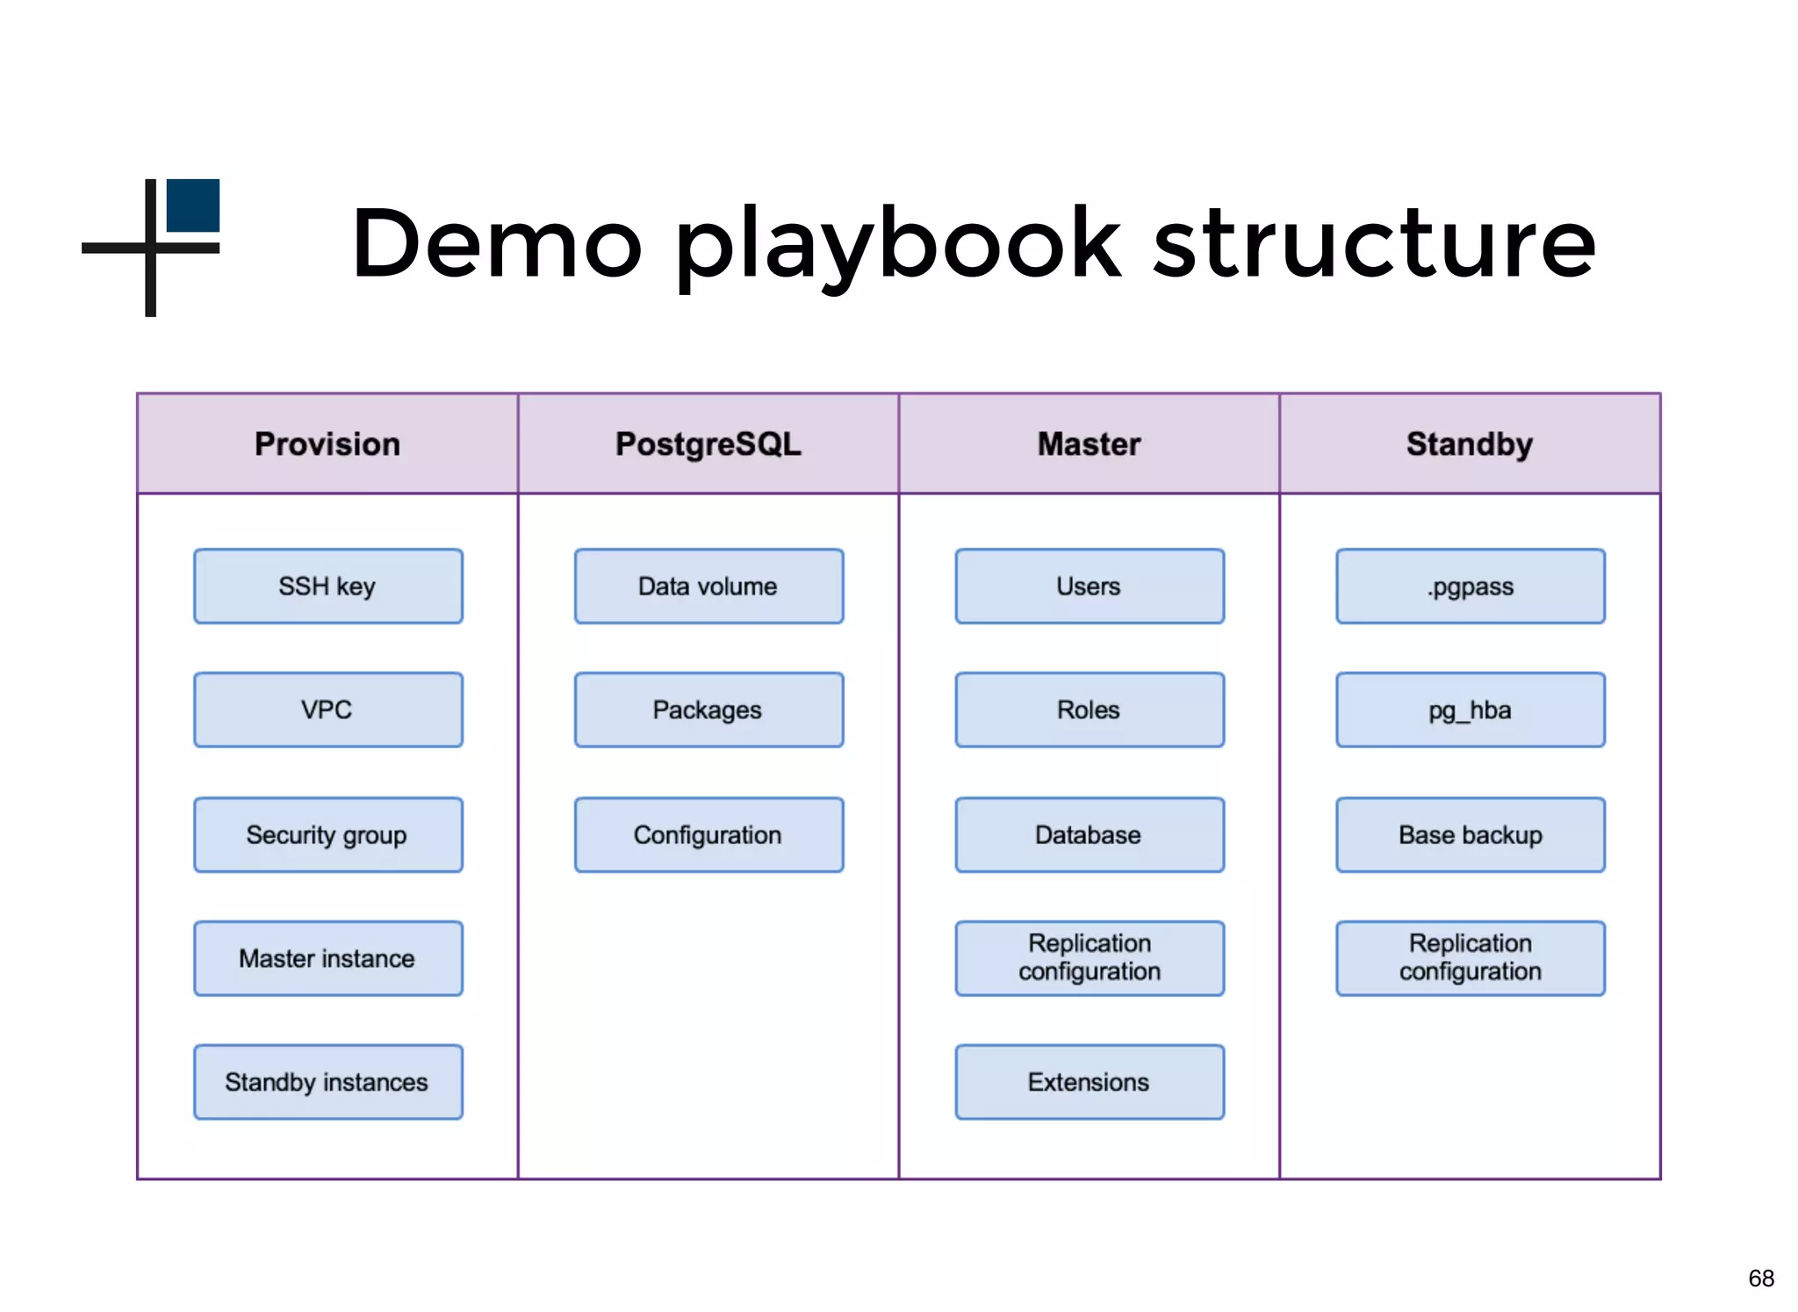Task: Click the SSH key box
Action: point(327,587)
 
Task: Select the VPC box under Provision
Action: point(327,710)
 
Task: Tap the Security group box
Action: point(327,834)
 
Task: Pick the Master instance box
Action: point(327,958)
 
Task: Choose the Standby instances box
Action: point(327,1082)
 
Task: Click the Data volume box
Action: point(708,587)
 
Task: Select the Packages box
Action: point(708,710)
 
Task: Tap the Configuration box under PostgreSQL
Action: point(708,834)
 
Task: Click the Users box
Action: point(1090,587)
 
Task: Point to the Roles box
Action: point(1090,710)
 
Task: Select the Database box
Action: point(1090,834)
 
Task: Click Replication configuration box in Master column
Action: point(1090,958)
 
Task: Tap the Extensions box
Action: point(1090,1082)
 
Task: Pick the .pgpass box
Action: point(1471,587)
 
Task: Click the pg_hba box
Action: point(1471,710)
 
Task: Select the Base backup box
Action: point(1471,834)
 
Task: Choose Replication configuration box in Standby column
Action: point(1471,958)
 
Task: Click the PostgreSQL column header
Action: point(708,443)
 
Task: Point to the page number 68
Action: point(1760,1278)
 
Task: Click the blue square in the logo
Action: point(193,205)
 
